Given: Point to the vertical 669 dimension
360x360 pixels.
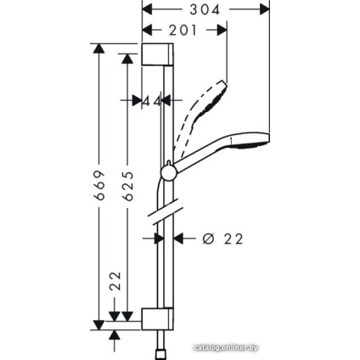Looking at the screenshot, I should pyautogui.click(x=98, y=184).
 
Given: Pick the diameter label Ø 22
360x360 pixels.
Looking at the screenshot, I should pyautogui.click(x=222, y=239).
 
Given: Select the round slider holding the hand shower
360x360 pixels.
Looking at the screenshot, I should pyautogui.click(x=167, y=173).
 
